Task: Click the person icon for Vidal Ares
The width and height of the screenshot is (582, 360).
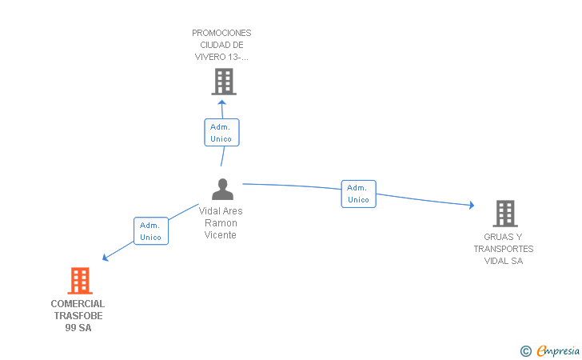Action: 223,189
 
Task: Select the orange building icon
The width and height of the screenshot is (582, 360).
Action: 80,281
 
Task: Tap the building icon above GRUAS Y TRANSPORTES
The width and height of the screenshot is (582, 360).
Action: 505,214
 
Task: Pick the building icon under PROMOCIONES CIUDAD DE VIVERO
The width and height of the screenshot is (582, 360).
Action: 224,82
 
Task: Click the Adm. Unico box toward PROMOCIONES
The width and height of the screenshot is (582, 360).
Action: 221,132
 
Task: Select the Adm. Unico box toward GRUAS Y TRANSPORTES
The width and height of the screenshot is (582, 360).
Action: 358,194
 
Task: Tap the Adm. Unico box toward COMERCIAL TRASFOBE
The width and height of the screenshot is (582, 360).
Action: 151,230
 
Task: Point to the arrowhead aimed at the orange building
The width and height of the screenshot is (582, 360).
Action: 105,258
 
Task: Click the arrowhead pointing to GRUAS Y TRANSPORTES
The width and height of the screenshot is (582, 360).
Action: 472,205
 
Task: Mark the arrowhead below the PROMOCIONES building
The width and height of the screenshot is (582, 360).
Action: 222,102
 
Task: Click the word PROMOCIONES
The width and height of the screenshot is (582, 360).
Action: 221,33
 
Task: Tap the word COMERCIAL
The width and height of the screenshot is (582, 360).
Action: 78,304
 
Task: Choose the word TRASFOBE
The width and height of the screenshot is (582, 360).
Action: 78,316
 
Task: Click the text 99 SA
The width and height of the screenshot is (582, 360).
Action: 78,328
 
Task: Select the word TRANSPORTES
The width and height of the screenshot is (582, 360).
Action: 504,249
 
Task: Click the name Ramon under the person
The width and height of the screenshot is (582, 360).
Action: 221,223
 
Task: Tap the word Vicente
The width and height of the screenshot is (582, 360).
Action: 221,234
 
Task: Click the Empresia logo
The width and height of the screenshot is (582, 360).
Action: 550,350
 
